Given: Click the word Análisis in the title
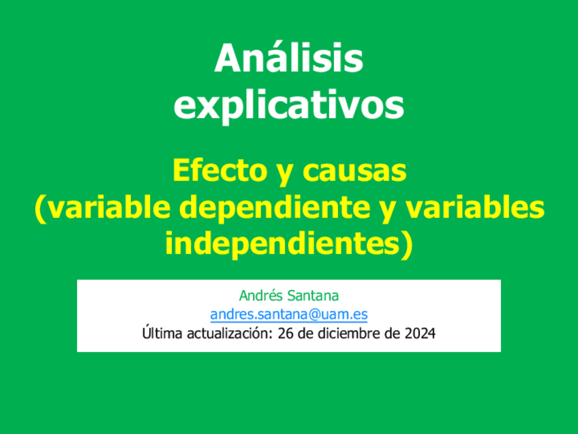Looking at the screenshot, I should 288,59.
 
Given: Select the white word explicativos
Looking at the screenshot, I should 288,105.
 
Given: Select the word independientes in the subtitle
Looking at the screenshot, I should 282,244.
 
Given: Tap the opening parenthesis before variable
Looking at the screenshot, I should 40,208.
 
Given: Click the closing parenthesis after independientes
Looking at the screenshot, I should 408,244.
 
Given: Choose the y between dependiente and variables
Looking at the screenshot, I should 390,209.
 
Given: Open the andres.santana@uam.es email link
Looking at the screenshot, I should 288,315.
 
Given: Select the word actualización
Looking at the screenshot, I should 224,334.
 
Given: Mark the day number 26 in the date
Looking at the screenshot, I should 284,334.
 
